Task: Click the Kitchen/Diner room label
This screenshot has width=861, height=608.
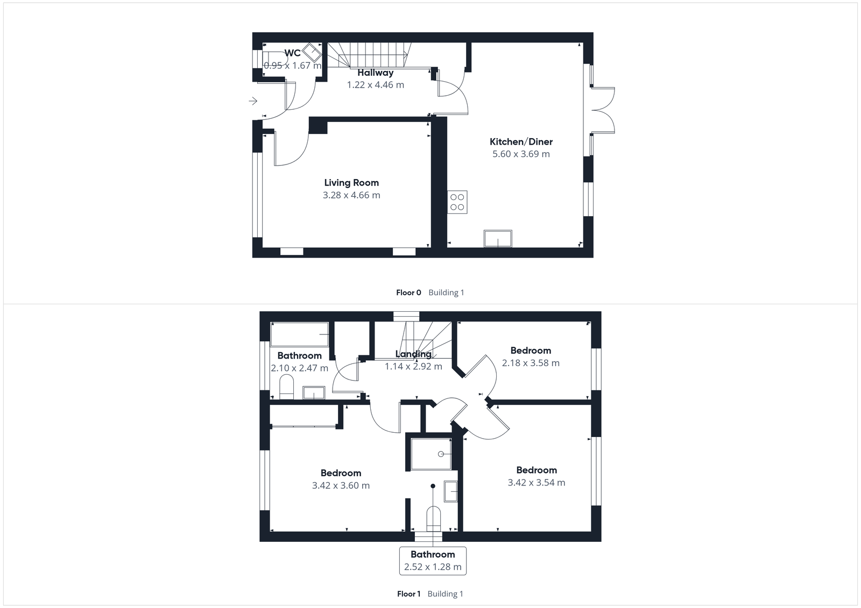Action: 521,142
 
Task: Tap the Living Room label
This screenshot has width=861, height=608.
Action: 351,183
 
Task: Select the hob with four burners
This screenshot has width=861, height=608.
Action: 457,202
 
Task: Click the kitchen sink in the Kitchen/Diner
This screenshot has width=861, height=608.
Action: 498,238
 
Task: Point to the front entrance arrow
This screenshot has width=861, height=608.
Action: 253,101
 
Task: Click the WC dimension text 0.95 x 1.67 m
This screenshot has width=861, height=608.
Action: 292,66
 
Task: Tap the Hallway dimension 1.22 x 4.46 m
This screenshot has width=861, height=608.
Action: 376,85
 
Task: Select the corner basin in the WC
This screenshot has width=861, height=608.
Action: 311,53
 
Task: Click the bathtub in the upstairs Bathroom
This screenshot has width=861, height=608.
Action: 299,334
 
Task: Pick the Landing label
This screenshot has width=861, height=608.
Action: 413,354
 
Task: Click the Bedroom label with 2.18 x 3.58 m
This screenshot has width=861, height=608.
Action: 531,351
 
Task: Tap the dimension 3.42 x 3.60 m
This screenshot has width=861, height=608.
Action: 341,485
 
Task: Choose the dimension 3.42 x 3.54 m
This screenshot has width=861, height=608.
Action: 537,483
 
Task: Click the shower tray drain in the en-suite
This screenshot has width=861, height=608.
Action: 441,454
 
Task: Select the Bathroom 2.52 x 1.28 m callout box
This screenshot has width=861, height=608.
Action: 433,561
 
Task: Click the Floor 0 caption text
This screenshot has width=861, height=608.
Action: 408,292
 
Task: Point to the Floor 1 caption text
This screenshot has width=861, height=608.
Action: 408,594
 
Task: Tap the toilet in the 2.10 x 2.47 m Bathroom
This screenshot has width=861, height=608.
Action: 287,388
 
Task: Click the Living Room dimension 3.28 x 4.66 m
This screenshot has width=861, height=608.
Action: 351,195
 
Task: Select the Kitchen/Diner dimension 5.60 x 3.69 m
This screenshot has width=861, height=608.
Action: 521,154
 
